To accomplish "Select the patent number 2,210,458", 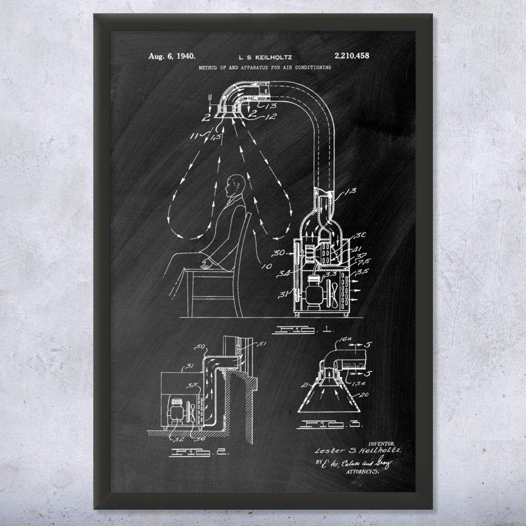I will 352,56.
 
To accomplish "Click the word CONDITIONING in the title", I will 312,67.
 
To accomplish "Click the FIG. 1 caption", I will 302,330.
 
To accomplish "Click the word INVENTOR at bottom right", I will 381,444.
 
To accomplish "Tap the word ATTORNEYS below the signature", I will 362,472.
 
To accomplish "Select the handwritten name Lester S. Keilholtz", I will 358,451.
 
